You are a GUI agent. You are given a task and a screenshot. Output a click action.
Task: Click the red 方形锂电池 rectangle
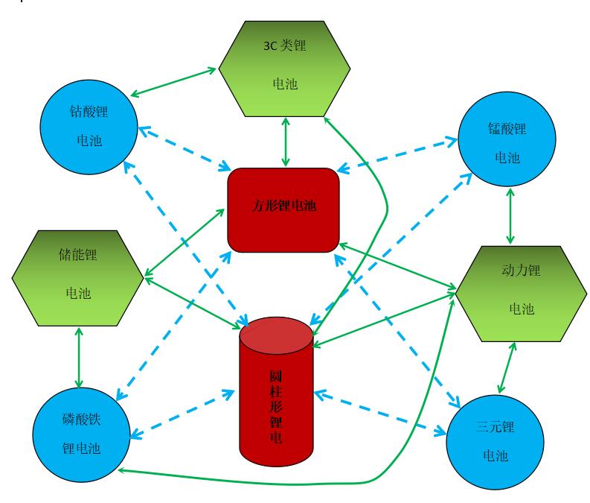point(283,209)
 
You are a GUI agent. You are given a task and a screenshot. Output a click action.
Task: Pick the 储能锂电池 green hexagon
point(77,277)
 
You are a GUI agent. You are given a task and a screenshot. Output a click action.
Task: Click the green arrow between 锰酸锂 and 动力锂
point(510,214)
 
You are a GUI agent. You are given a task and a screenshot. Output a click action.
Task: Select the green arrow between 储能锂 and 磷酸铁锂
point(77,355)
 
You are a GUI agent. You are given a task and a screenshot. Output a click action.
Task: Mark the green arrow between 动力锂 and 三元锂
point(505,367)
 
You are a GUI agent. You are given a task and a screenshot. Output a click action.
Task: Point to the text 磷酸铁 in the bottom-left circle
point(81,420)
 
